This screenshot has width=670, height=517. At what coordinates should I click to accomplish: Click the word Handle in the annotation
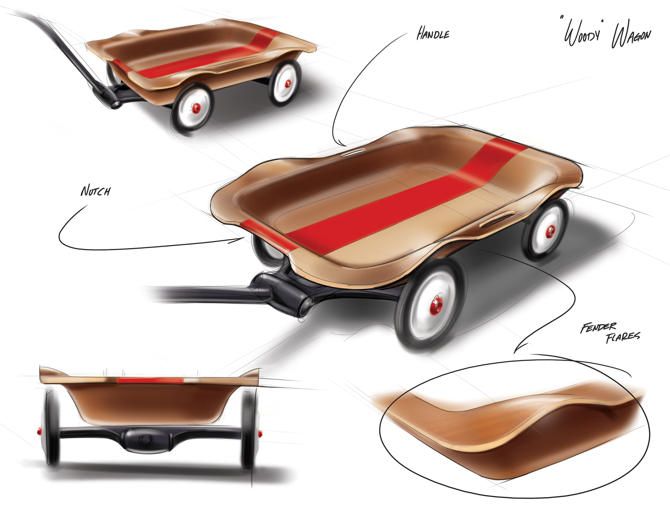[x=433, y=35]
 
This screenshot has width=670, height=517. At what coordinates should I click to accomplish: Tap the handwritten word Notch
[x=96, y=191]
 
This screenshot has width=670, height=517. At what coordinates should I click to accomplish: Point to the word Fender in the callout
[x=598, y=328]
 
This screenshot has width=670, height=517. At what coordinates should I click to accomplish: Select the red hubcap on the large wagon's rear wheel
[x=550, y=231]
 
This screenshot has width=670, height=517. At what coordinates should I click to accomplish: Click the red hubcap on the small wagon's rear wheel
[x=289, y=83]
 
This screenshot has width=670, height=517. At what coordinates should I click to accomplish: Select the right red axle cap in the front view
[x=260, y=433]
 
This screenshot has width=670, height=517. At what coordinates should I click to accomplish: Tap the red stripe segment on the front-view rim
[x=150, y=380]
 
